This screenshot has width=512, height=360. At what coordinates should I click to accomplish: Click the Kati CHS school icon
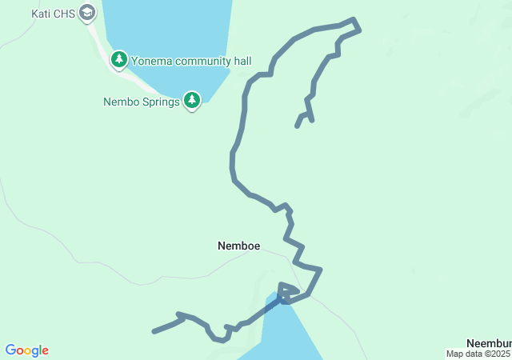(x=87, y=13)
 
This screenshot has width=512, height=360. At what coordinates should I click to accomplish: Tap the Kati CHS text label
(x=54, y=14)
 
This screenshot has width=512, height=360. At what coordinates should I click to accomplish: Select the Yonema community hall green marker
(x=119, y=59)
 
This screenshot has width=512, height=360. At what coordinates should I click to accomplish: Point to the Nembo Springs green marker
(x=192, y=100)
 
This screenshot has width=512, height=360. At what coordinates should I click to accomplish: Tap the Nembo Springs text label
(x=142, y=102)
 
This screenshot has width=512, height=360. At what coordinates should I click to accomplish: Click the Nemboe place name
(x=238, y=246)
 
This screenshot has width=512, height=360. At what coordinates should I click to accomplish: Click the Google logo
(x=26, y=350)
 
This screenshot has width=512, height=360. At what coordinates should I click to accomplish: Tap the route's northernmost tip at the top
(x=352, y=19)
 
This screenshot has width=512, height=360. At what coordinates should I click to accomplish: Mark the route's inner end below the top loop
(x=298, y=126)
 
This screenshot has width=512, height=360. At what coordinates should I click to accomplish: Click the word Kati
(x=41, y=14)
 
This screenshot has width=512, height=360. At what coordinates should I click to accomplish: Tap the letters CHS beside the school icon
(x=65, y=14)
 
